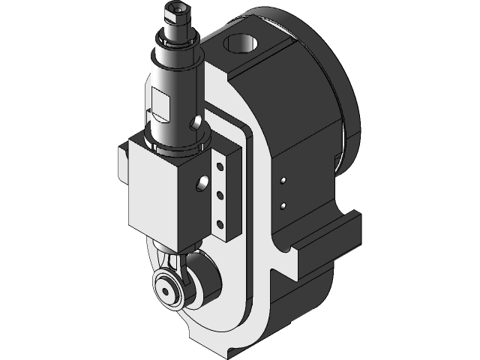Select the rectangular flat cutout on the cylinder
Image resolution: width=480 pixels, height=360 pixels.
point(160,98)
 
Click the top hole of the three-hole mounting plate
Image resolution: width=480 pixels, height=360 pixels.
point(220,167)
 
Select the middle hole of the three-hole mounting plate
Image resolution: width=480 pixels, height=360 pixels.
point(220,194)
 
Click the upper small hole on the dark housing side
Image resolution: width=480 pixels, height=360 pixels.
point(283,180)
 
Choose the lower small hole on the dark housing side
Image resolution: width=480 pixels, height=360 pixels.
point(283,204)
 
